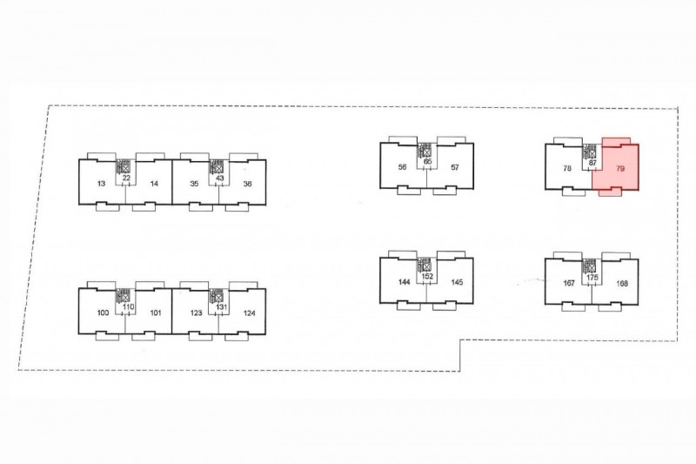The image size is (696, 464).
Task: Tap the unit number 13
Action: coord(101,184)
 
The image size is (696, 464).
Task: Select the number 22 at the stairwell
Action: coord(126,178)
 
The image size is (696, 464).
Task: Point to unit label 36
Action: coord(248,184)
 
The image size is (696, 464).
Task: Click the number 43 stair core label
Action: coord(219,178)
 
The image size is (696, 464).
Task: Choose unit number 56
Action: coord(402,167)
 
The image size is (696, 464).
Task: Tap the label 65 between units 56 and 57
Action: coord(427,161)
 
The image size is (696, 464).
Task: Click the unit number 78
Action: coord(567,168)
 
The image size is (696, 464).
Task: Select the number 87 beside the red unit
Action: coord(592,163)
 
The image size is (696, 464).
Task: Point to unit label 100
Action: coord(103,313)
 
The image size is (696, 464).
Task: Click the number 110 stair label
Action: coord(128,306)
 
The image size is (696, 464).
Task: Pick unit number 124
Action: coord(250,313)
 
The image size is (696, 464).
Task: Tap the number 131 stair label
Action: coord(221,306)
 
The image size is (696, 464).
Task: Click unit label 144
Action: coord(405,282)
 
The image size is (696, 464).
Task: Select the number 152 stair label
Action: coord(427,276)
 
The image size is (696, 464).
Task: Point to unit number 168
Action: coord(622,283)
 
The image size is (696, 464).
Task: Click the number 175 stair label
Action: coord(592,278)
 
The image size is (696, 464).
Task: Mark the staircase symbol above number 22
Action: coord(123,166)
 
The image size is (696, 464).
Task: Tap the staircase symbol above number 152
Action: coord(424,265)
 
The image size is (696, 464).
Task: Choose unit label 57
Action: coord(454,167)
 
